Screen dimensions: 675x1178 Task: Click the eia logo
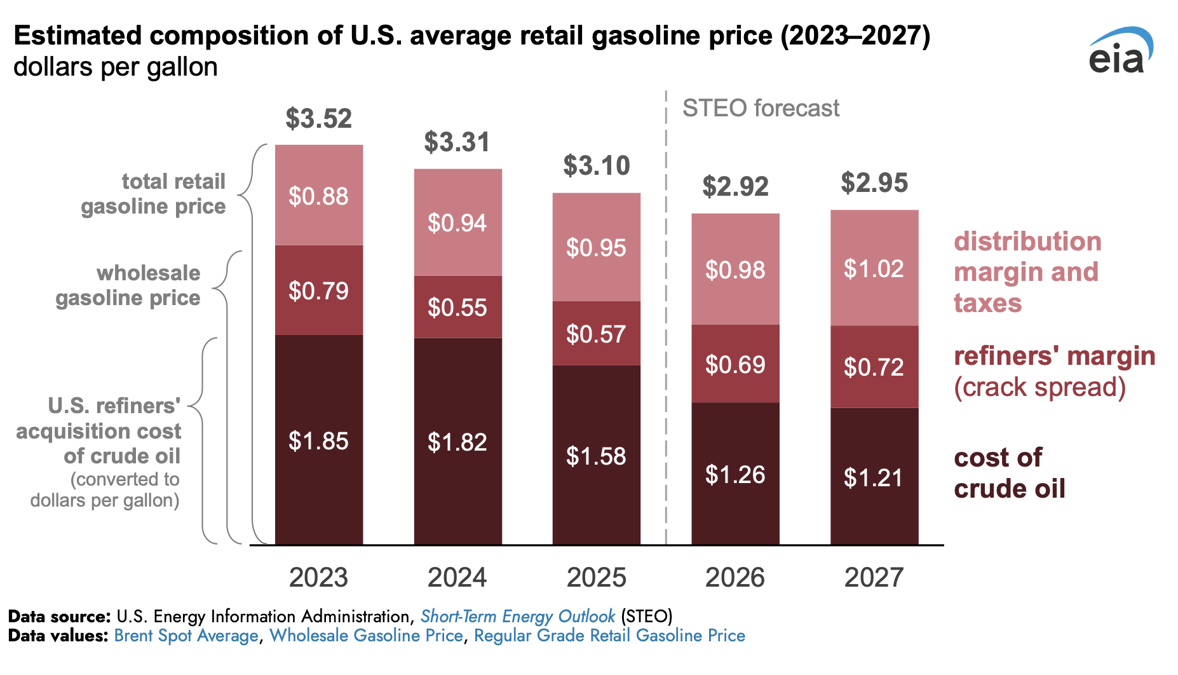[x=1120, y=51]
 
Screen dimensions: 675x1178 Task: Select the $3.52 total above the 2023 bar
[x=318, y=119]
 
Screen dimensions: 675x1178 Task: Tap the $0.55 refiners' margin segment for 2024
[x=457, y=307]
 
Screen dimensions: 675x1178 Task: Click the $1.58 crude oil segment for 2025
[x=596, y=456]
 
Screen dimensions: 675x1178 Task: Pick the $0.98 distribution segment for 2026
[x=735, y=270]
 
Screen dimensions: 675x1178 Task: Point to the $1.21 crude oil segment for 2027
[x=874, y=477]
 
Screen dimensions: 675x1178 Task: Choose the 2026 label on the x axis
[x=735, y=577]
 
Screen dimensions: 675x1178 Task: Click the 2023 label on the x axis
[x=318, y=577]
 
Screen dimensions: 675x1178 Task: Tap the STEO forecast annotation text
[x=761, y=109]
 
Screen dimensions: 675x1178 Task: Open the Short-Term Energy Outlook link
[x=517, y=617]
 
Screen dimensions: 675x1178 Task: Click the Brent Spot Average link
[x=186, y=636]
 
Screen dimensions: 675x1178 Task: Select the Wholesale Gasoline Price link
[x=366, y=636]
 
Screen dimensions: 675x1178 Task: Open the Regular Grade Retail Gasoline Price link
[x=609, y=636]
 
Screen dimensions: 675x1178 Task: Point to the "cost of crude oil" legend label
[x=1009, y=473]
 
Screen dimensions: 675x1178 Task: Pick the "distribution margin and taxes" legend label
[x=1027, y=272]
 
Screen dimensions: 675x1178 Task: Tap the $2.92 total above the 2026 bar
[x=735, y=187]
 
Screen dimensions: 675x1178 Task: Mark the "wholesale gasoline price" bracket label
[x=128, y=285]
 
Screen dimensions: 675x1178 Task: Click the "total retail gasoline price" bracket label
[x=154, y=194]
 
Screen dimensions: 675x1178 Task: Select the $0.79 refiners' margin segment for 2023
[x=318, y=290]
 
